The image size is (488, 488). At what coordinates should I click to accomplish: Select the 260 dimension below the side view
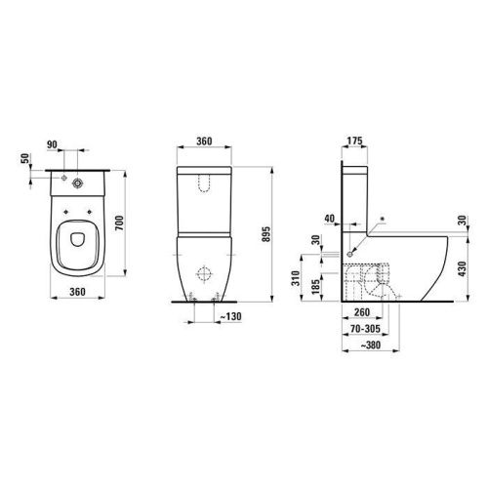362,314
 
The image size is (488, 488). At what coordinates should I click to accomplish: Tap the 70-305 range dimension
365,331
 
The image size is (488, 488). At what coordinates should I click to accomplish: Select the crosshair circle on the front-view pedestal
205,272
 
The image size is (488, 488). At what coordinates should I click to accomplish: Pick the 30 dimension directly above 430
462,220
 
